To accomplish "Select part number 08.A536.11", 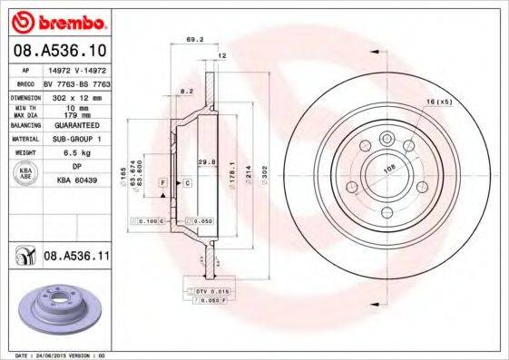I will [x=77, y=258].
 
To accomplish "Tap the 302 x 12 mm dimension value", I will [x=73, y=96].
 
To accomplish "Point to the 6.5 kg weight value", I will [x=73, y=153].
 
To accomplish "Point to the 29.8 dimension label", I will [x=206, y=163].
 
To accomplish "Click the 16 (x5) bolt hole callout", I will [x=438, y=102].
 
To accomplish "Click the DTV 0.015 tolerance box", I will [x=209, y=290].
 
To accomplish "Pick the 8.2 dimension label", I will [x=187, y=92].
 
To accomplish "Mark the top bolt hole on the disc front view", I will [x=387, y=138].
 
